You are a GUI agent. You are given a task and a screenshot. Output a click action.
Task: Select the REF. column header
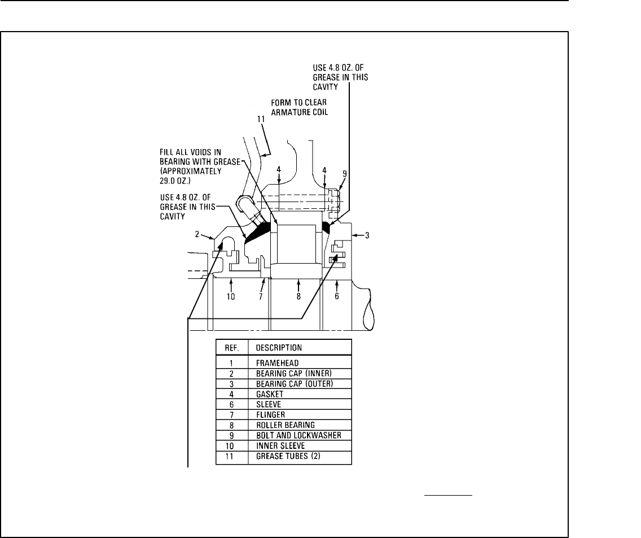coord(231,347)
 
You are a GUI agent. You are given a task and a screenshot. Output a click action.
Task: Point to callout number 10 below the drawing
coord(231,296)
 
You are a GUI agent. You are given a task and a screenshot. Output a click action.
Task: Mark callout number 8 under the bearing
coord(298,296)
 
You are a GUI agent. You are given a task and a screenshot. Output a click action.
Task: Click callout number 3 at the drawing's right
coord(367,235)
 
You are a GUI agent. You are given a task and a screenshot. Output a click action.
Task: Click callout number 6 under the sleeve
coord(336,296)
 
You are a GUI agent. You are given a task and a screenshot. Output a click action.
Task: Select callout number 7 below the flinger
coord(261,296)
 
